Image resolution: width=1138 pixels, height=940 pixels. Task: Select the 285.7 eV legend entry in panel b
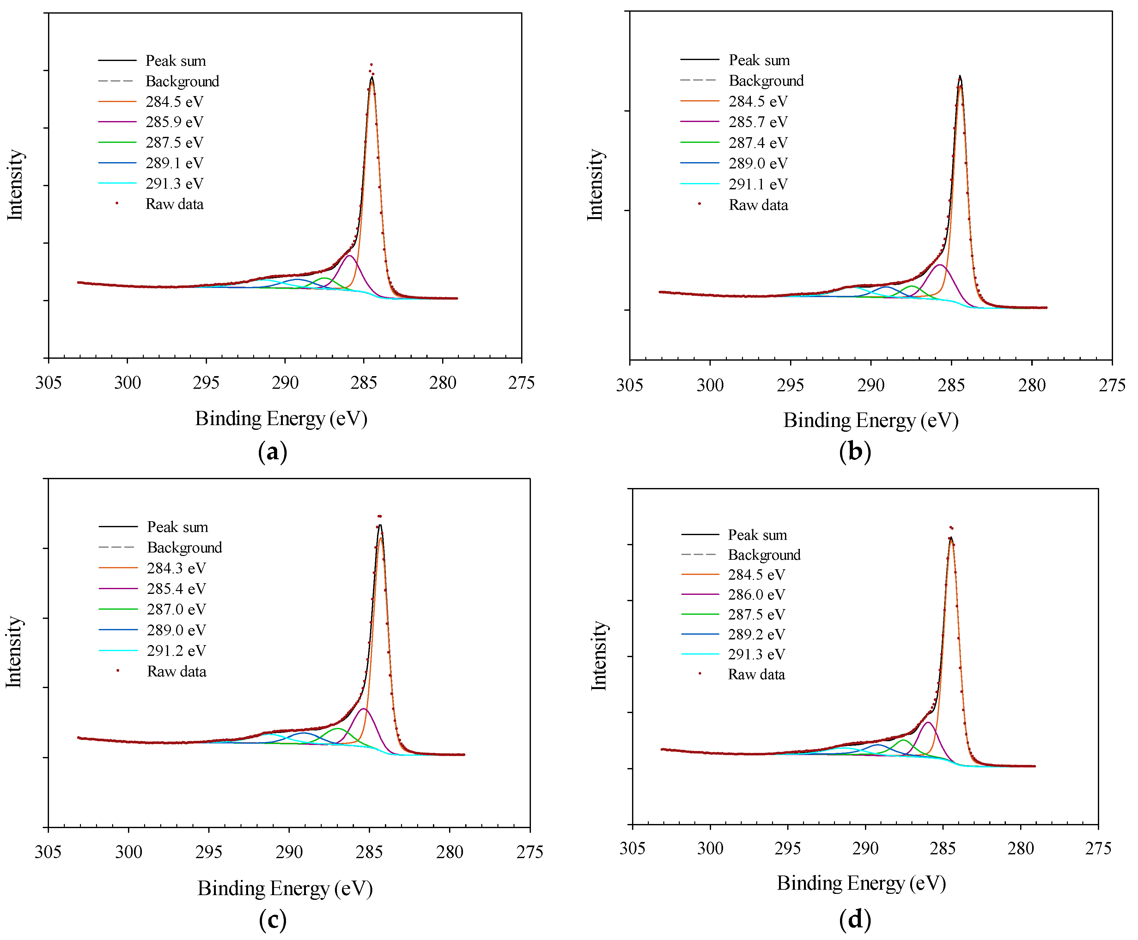click(x=758, y=122)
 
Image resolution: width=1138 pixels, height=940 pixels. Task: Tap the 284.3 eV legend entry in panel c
click(x=176, y=568)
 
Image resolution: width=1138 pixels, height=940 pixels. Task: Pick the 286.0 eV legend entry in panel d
click(x=756, y=595)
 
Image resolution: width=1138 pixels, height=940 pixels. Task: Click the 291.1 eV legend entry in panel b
click(x=758, y=184)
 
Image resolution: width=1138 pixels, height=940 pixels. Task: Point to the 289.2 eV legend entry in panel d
click(x=756, y=634)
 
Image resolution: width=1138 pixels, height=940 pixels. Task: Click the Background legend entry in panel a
click(x=182, y=81)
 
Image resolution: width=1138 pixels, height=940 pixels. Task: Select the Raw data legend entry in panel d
click(x=756, y=674)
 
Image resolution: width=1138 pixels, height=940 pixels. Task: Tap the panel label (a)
click(x=272, y=452)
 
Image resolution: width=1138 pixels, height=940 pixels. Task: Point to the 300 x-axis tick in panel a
click(x=127, y=383)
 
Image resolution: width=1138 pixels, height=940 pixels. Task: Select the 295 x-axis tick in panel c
click(x=209, y=852)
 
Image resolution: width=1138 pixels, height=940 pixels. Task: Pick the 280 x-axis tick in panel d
click(x=1020, y=848)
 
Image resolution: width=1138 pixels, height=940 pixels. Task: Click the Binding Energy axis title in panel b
click(x=871, y=420)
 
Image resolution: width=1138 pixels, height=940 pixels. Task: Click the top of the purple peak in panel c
click(x=364, y=708)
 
